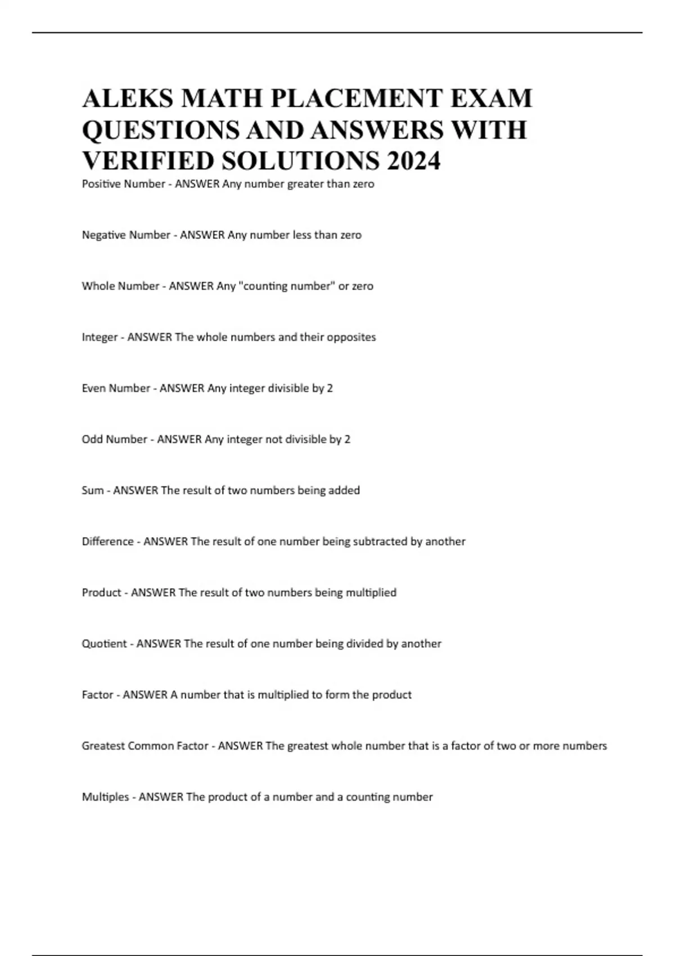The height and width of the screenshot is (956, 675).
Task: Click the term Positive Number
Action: (x=123, y=184)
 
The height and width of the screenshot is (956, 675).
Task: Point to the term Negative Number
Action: (x=126, y=235)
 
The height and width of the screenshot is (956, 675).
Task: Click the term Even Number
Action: (x=115, y=388)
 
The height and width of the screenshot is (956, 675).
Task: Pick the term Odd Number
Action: (x=114, y=439)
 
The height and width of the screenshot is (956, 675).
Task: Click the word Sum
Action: (x=92, y=490)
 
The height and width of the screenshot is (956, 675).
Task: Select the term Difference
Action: (x=107, y=542)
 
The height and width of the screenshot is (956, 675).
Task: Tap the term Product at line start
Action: (x=101, y=593)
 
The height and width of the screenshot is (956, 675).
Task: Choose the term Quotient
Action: (x=104, y=644)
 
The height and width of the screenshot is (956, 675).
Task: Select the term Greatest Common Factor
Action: (x=145, y=746)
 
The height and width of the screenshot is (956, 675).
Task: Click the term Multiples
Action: (x=105, y=797)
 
